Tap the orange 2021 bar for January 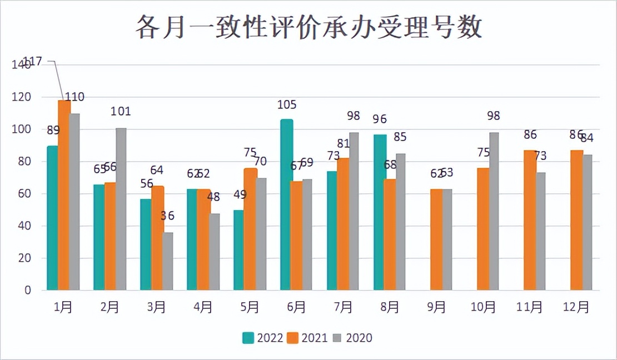(x=64, y=195)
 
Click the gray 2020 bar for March (x=167, y=261)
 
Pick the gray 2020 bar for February (x=121, y=209)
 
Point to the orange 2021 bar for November (x=530, y=220)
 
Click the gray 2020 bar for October (x=493, y=211)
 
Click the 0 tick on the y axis (x=27, y=291)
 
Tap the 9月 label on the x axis (x=436, y=307)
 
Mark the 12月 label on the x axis (x=576, y=307)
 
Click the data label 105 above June (x=287, y=105)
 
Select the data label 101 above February (x=121, y=111)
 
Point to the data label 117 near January (x=32, y=62)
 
